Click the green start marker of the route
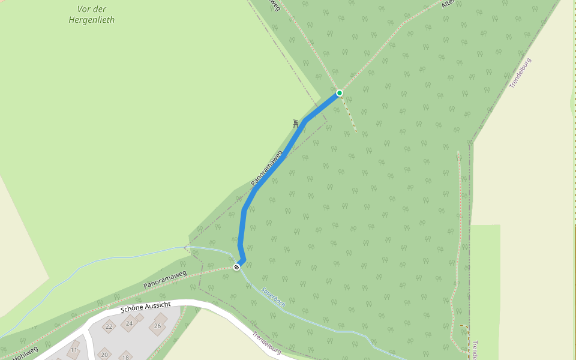tap(340, 93)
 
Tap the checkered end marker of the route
tap(236, 266)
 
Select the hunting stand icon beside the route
tap(296, 124)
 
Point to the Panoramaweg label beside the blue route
tap(266, 168)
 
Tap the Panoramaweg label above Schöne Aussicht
tap(165, 280)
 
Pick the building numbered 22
tap(109, 326)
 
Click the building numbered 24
tap(129, 323)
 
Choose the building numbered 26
tap(158, 326)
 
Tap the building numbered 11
tap(74, 349)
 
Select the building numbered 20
tap(104, 354)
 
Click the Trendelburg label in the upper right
tap(520, 73)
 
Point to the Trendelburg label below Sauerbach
tap(266, 343)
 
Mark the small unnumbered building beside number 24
tap(140, 317)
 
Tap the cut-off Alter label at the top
tap(446, 4)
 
